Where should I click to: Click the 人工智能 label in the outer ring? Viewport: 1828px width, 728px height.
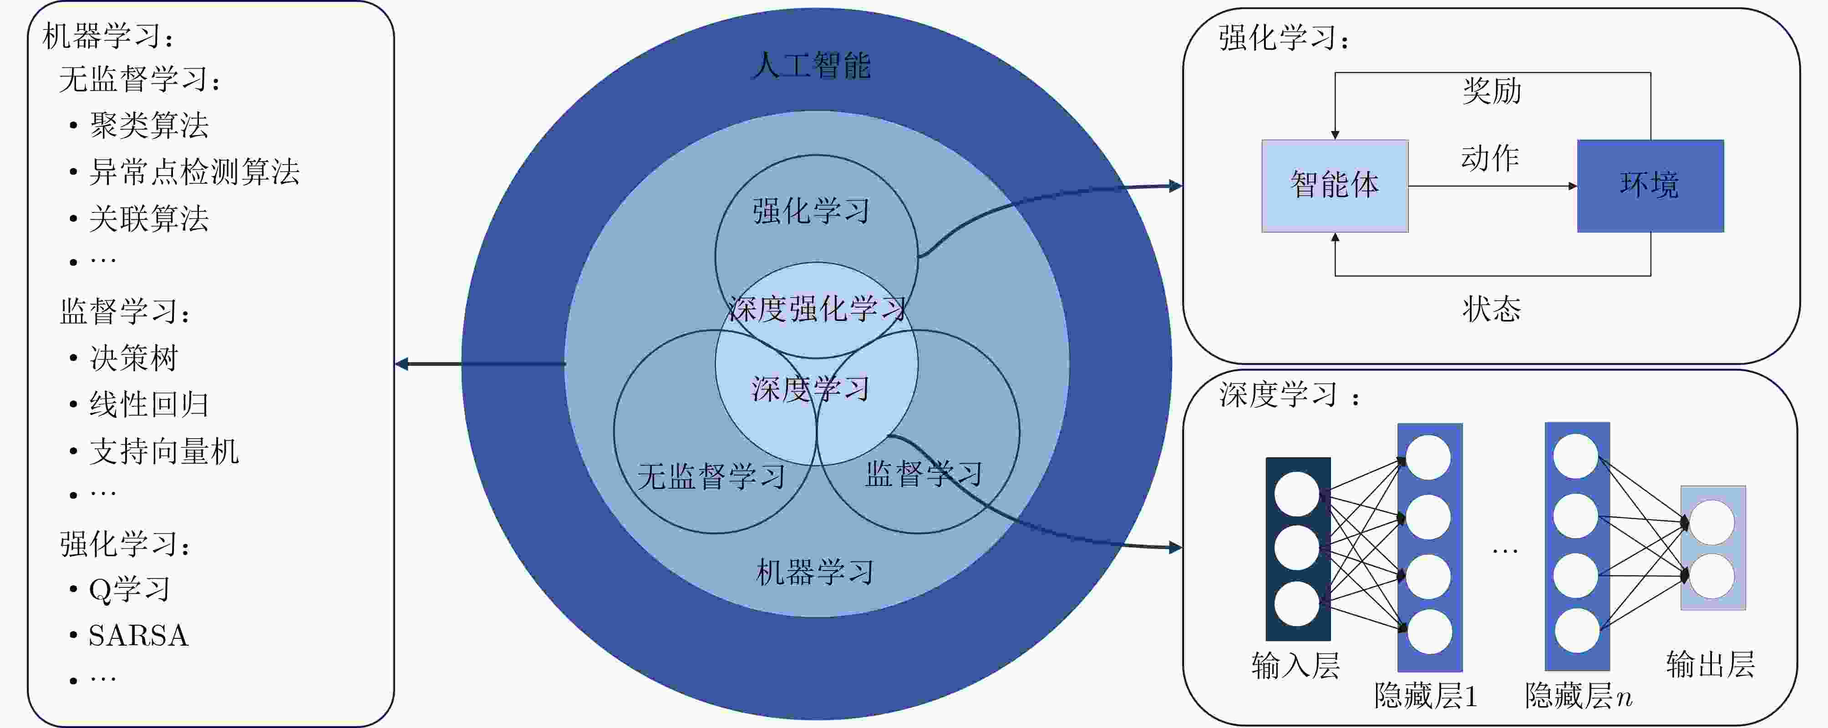click(811, 65)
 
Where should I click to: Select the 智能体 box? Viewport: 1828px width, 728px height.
click(1335, 186)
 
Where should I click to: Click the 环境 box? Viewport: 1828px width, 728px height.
click(1650, 186)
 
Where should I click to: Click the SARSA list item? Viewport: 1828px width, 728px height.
click(138, 636)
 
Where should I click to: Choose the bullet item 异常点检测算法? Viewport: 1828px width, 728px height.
click(194, 172)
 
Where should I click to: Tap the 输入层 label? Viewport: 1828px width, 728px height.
click(1296, 666)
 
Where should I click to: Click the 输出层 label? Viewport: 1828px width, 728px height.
click(1710, 664)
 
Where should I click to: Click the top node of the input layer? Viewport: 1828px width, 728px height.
click(1296, 494)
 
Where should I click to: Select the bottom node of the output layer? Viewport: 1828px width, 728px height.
click(1711, 576)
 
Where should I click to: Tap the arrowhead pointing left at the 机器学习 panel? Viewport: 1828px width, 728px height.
click(401, 364)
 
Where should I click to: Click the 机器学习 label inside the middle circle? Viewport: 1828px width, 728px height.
click(815, 572)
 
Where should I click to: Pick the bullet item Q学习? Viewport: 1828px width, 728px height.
click(129, 589)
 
